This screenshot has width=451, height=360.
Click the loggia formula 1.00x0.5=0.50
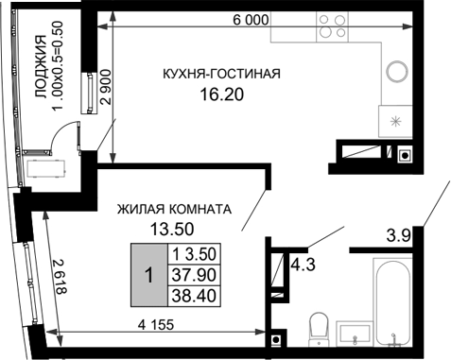click(59, 69)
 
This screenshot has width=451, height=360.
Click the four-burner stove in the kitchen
click(331, 26)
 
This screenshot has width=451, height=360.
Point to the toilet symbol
click(319, 327)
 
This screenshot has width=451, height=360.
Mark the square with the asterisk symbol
click(395, 122)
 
